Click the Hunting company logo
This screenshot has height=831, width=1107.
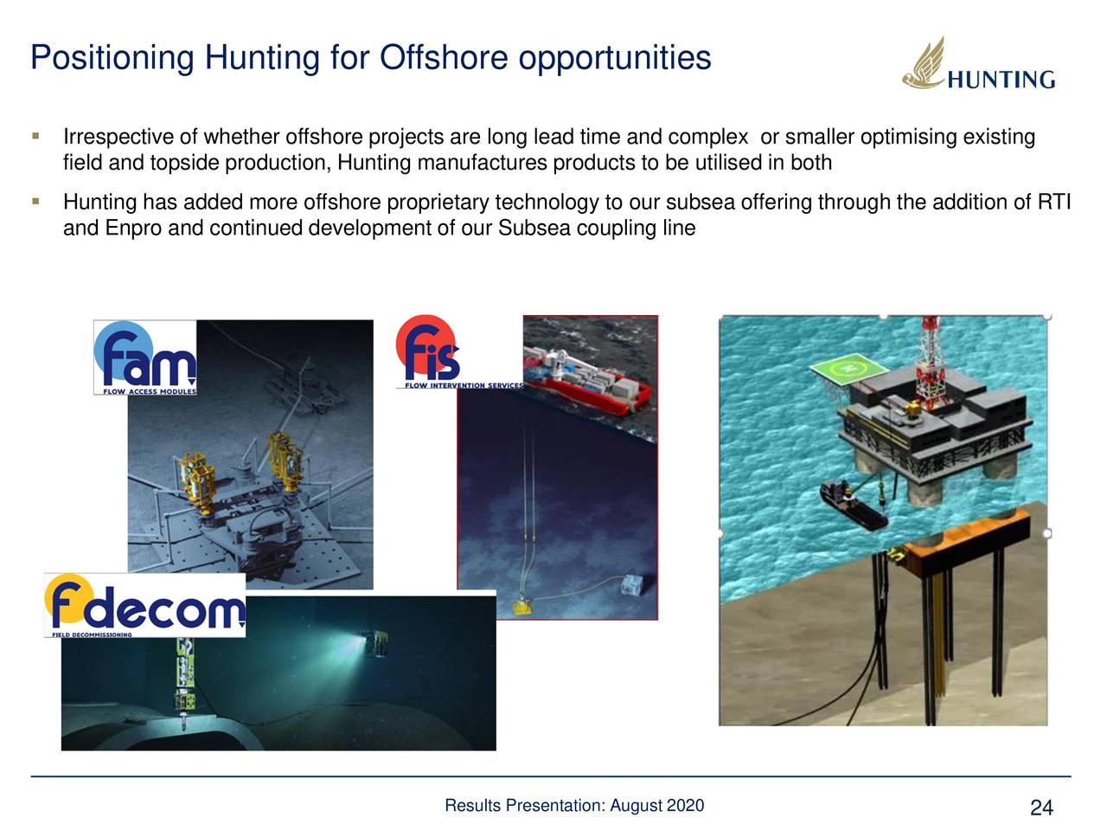pos(978,66)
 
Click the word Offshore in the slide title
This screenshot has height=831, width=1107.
pos(443,58)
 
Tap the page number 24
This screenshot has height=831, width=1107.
pos(1041,808)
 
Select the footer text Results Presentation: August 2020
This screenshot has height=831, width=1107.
pos(573,806)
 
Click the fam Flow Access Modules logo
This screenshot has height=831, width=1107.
pos(145,358)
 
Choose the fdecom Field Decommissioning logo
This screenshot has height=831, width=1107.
pos(144,604)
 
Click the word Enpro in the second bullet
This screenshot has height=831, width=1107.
pos(133,229)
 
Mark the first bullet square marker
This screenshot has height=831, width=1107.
pos(35,137)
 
